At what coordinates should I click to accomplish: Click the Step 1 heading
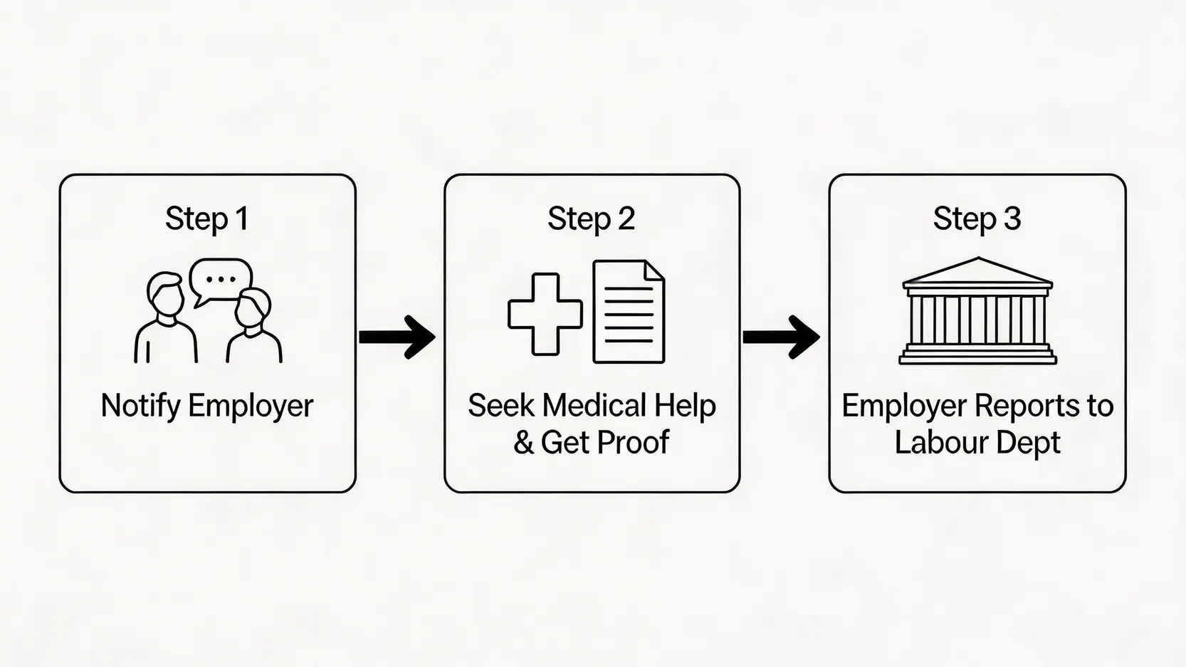click(x=207, y=219)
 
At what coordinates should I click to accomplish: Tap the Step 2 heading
click(x=591, y=219)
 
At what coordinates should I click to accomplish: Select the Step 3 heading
click(x=977, y=219)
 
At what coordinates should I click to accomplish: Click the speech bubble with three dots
click(x=221, y=280)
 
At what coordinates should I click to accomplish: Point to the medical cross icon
click(x=545, y=314)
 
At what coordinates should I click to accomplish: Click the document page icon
click(x=629, y=312)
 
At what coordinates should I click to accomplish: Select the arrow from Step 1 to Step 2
click(x=397, y=336)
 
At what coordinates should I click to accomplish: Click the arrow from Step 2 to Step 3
click(x=781, y=336)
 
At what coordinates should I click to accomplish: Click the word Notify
click(x=140, y=406)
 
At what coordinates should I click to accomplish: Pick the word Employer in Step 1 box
click(x=251, y=406)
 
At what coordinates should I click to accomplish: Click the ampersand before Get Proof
click(x=523, y=443)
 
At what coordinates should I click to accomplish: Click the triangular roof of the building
click(x=977, y=271)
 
